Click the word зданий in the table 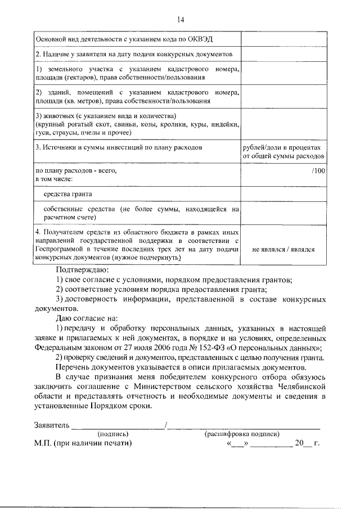(59, 92)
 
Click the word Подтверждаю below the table (78, 269)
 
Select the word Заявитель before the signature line (52, 425)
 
